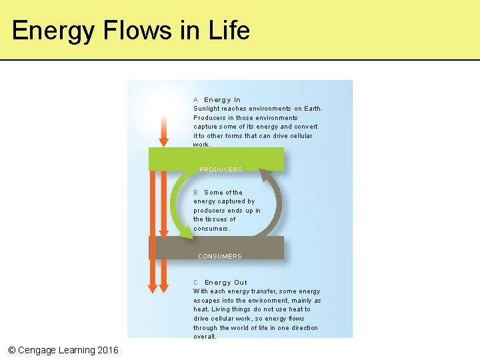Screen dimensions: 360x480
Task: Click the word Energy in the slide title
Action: [49, 31]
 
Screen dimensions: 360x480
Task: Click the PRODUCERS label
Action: [221, 170]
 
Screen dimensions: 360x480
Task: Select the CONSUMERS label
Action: [219, 257]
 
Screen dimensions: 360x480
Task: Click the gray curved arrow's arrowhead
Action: [266, 175]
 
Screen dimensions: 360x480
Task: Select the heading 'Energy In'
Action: [223, 100]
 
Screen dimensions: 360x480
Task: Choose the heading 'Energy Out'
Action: [226, 283]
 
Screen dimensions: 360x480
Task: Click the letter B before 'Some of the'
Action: [196, 193]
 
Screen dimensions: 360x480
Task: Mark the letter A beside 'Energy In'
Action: [196, 100]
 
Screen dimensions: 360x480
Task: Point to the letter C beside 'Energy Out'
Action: [196, 283]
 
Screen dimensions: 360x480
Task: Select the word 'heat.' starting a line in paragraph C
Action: [201, 309]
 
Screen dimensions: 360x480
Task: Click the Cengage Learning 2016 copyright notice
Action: [63, 350]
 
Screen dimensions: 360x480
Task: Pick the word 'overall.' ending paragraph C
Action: [205, 337]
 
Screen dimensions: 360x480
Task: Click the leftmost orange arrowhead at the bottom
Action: [153, 287]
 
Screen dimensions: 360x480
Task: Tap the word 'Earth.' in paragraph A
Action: [313, 109]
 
